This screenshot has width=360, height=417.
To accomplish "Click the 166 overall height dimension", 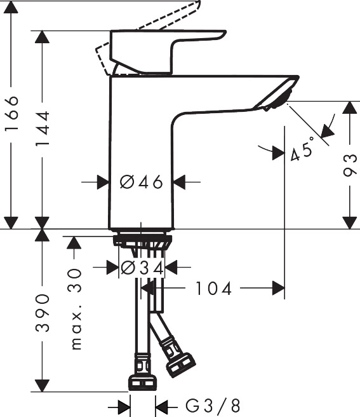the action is pyautogui.click(x=12, y=113).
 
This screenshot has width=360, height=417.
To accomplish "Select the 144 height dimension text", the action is pyautogui.click(x=43, y=128).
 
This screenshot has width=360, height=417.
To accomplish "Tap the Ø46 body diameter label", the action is pyautogui.click(x=141, y=182).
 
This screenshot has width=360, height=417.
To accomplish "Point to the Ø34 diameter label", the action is pyautogui.click(x=142, y=267).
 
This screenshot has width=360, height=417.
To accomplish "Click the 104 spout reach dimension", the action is pyautogui.click(x=213, y=289).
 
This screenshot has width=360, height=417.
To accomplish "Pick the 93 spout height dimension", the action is pyautogui.click(x=350, y=165).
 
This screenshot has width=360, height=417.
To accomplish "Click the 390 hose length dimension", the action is pyautogui.click(x=43, y=313).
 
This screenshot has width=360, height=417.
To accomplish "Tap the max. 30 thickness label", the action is pyautogui.click(x=76, y=309).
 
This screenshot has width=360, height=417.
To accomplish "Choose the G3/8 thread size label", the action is pyautogui.click(x=213, y=406).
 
